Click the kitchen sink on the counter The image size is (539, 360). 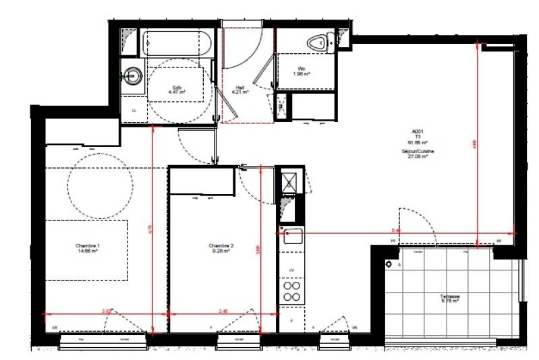(293, 236)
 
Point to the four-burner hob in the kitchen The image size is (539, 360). (292, 291)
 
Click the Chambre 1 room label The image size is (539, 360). (88, 247)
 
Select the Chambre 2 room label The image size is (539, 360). (221, 247)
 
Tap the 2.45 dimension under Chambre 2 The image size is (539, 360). (225, 311)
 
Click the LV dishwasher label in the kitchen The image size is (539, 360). (291, 270)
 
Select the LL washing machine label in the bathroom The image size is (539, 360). (134, 110)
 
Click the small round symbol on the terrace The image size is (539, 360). (389, 265)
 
